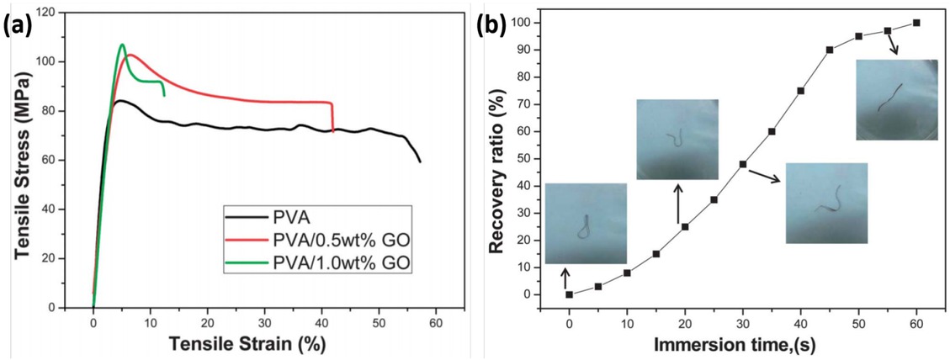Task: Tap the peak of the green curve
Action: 122,45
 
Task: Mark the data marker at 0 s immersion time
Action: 570,294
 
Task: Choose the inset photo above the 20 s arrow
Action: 677,139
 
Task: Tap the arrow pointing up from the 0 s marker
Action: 565,278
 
